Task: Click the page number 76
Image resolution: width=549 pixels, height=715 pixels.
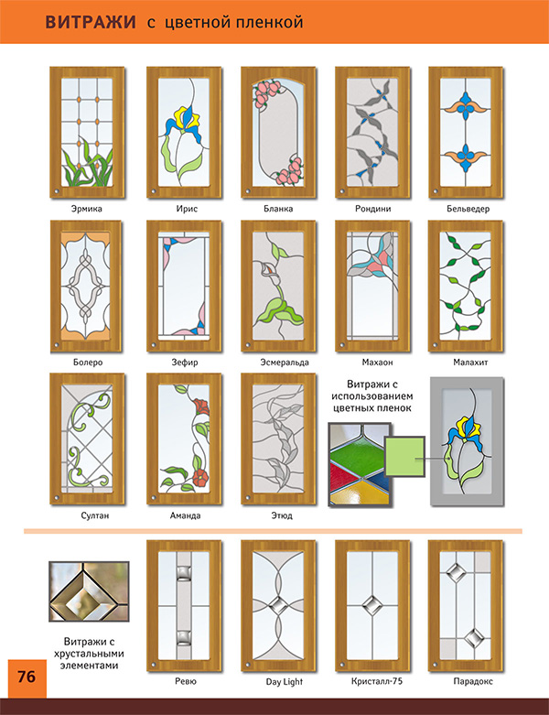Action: (27, 677)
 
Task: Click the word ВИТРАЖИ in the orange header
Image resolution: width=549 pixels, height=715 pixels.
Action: (91, 22)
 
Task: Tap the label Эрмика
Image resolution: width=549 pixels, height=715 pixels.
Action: (87, 209)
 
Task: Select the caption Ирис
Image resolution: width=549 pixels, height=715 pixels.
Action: (187, 209)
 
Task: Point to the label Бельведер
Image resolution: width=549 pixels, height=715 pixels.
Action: (468, 209)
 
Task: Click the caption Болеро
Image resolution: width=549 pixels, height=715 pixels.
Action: (88, 363)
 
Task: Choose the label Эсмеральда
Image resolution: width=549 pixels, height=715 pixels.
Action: (285, 363)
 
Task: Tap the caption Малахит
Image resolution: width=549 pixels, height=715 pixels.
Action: (470, 363)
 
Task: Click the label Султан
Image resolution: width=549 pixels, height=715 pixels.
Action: (95, 515)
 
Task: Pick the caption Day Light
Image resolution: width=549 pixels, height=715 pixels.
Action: (285, 682)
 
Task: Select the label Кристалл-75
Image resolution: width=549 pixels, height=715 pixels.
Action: (377, 681)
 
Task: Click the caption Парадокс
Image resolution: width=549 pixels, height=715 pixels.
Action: (473, 681)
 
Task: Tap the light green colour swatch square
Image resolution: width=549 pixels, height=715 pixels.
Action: (404, 457)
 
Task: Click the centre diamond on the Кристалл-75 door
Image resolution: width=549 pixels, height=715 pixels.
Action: (372, 605)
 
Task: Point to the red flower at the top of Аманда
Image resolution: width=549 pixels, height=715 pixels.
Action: (201, 406)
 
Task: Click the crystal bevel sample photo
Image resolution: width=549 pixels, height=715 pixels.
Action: (89, 591)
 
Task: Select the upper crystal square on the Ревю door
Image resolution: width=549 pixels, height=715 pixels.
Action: (183, 573)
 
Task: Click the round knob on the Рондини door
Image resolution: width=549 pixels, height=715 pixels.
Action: (342, 191)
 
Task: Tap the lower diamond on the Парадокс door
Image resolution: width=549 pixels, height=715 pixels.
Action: (474, 637)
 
